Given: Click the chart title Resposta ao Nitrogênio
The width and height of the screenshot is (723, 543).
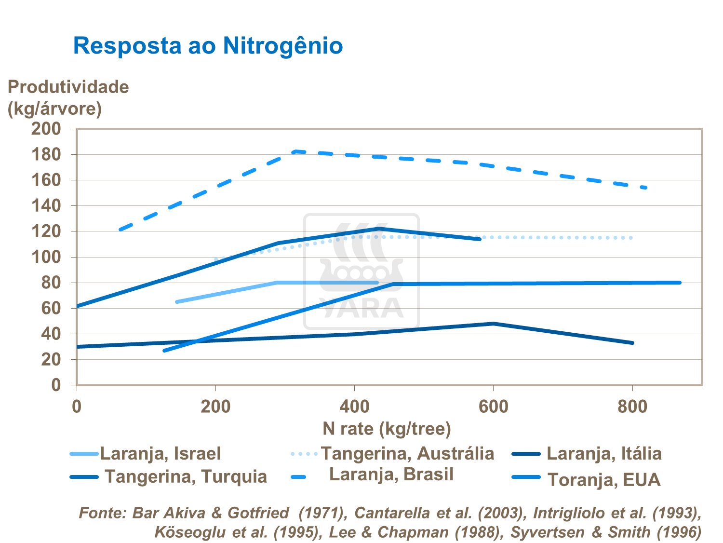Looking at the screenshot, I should point(208,46).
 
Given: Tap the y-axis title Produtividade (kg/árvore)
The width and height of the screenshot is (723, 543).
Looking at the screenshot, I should point(68,97).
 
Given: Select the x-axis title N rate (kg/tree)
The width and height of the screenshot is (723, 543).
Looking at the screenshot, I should point(387,428).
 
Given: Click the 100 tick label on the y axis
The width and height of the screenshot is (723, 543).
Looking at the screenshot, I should point(46,257).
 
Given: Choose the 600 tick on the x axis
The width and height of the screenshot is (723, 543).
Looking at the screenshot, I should point(493,407).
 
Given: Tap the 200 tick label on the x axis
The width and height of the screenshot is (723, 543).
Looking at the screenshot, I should point(215,407).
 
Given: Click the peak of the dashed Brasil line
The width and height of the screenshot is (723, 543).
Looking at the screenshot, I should point(295,151).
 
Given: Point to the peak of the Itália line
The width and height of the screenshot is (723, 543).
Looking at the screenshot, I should point(494,324).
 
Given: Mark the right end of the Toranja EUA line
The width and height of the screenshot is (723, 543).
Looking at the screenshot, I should point(680,283).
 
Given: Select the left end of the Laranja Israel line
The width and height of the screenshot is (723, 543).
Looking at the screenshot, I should point(177,302).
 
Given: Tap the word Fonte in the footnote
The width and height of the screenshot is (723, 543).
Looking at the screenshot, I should point(100,513).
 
